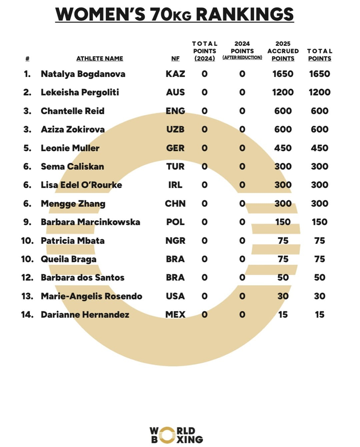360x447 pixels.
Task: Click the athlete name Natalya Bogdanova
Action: [83, 74]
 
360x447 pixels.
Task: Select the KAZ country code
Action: [175, 74]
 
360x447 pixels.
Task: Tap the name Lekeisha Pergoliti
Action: [80, 92]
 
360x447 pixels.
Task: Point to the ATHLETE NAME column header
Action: [100, 59]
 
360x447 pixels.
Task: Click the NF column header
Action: [175, 59]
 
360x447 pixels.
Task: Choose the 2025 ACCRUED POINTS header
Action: [283, 51]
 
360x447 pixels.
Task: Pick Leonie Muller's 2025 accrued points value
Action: [283, 148]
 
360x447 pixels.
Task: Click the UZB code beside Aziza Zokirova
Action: [175, 129]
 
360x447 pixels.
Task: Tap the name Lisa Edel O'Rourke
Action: [81, 185]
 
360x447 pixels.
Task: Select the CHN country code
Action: [175, 204]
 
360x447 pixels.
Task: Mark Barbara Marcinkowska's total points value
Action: [319, 222]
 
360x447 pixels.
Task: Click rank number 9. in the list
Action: [27, 222]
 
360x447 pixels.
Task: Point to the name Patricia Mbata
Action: [73, 240]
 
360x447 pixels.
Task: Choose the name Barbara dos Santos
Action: [82, 277]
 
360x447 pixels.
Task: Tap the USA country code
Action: [175, 296]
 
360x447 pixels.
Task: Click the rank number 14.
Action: [27, 314]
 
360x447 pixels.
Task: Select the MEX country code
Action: [175, 314]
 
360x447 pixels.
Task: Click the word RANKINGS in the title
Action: [245, 14]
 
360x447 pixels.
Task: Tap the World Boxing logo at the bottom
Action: [176, 435]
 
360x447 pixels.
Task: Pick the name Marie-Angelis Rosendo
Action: [91, 296]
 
